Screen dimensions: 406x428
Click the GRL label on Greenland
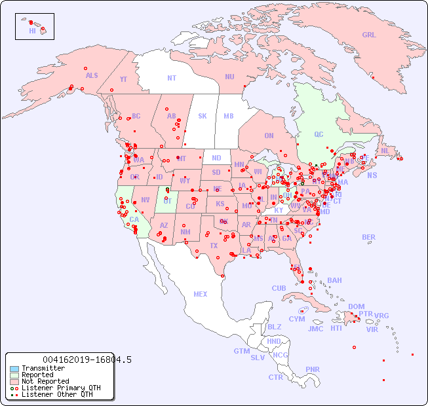pyautogui.click(x=369, y=35)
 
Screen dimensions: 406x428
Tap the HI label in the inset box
pyautogui.click(x=32, y=31)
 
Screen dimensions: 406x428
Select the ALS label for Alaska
pyautogui.click(x=92, y=75)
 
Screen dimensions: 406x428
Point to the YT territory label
pyautogui.click(x=123, y=79)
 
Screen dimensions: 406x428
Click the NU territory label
pyautogui.click(x=229, y=77)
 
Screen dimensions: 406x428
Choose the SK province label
pyautogui.click(x=203, y=116)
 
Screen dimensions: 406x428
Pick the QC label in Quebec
pyautogui.click(x=319, y=134)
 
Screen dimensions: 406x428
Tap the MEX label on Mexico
pyautogui.click(x=201, y=294)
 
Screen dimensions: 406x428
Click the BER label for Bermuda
pyautogui.click(x=368, y=237)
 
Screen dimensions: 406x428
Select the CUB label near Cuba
pyautogui.click(x=279, y=288)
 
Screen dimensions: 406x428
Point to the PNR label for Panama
pyautogui.click(x=313, y=369)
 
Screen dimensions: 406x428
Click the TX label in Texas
pyautogui.click(x=214, y=246)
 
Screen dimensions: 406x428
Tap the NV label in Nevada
pyautogui.click(x=145, y=200)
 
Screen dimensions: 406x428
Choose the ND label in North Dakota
pyautogui.click(x=216, y=158)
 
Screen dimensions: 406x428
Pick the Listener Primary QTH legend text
pyautogui.click(x=61, y=388)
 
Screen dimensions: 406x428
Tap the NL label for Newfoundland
pyautogui.click(x=385, y=150)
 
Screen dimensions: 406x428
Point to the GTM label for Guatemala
pyautogui.click(x=241, y=351)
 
